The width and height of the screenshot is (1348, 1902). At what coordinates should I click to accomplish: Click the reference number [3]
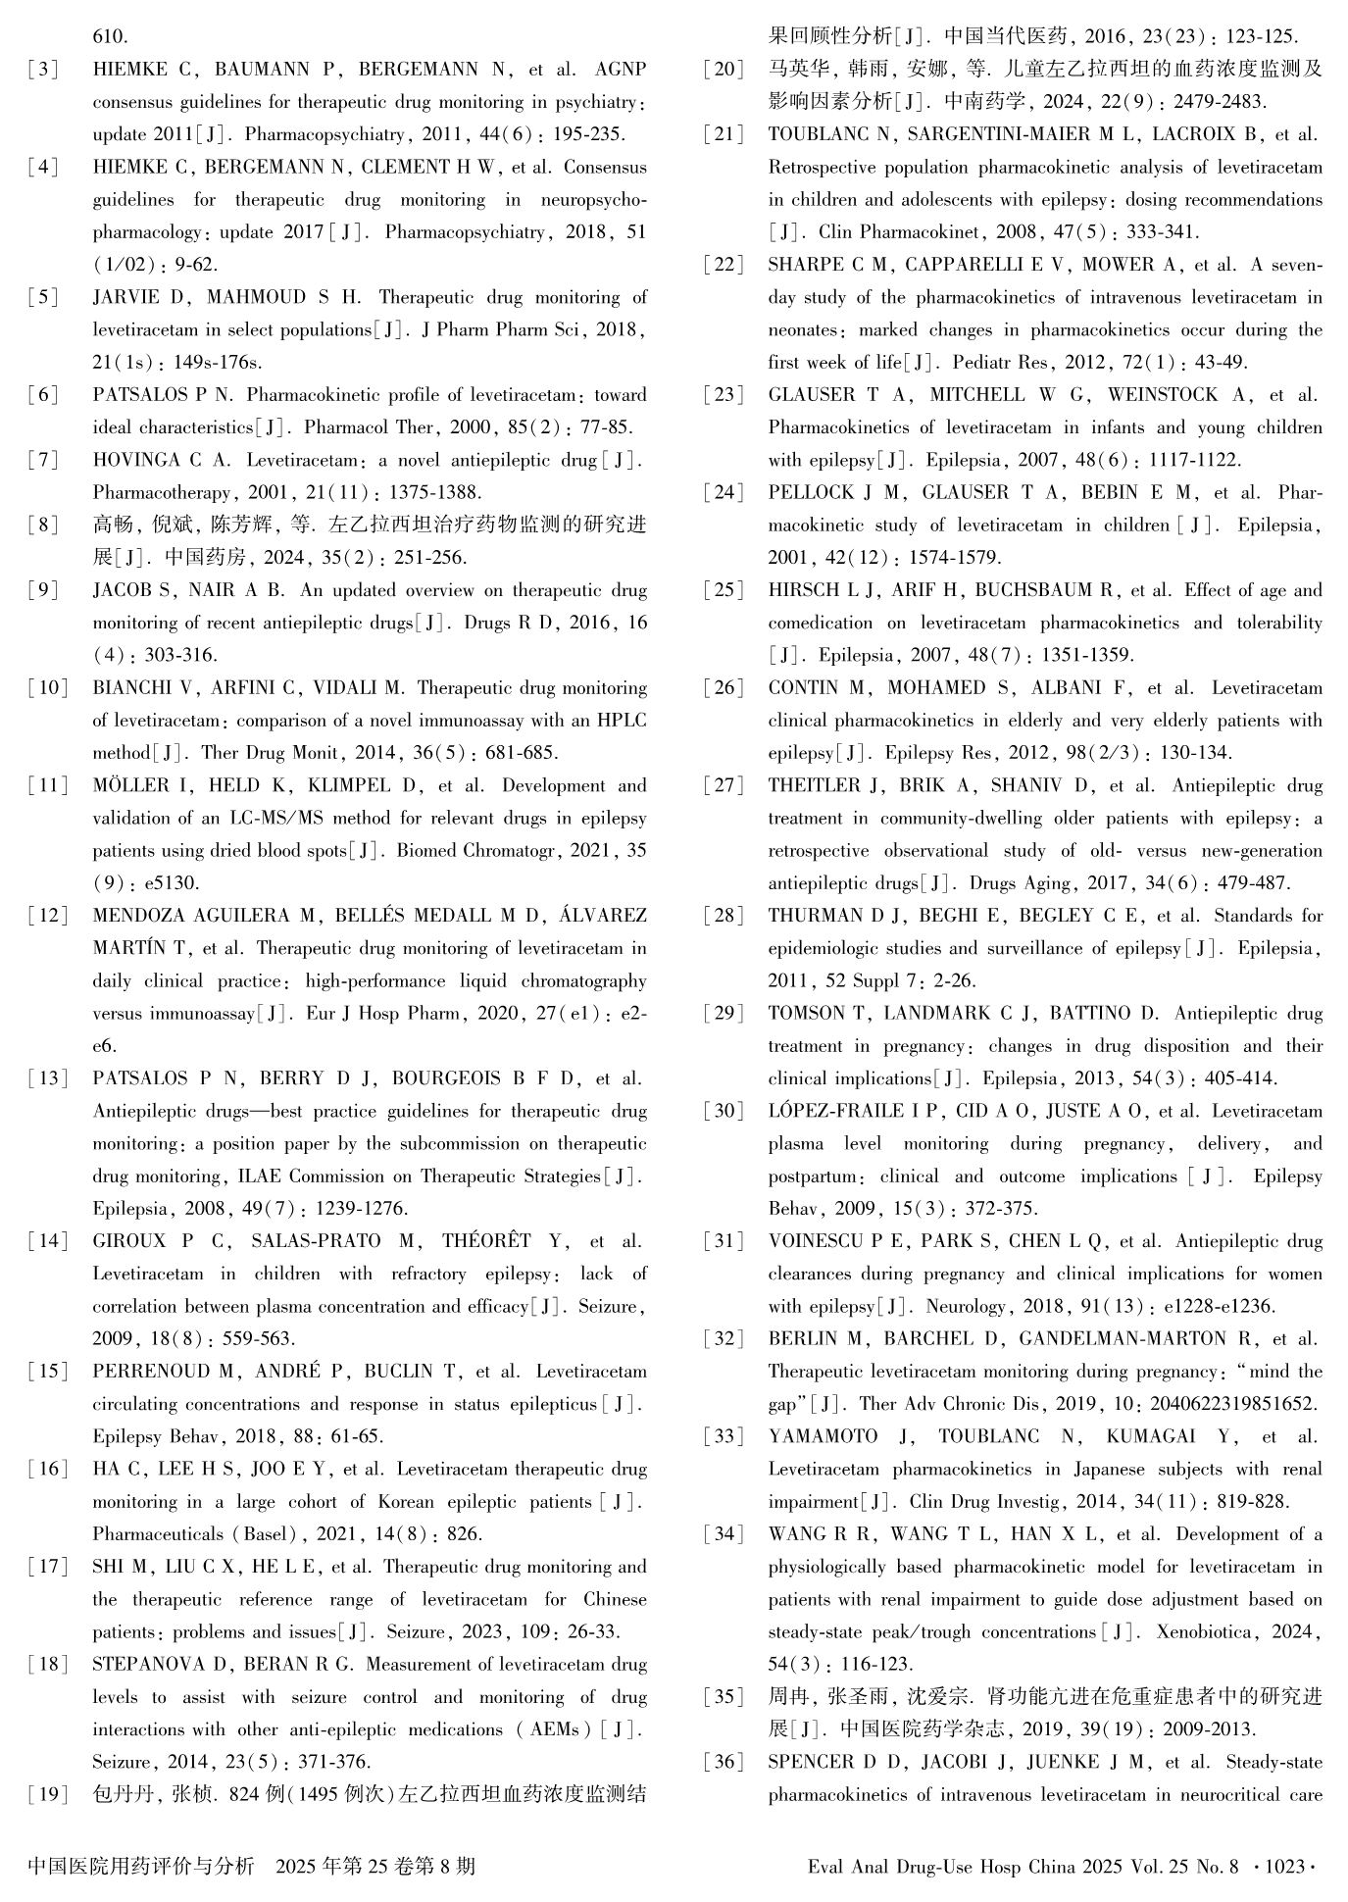43,70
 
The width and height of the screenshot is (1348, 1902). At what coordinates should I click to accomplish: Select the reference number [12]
47,916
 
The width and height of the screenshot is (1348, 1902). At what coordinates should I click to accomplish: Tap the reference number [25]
724,590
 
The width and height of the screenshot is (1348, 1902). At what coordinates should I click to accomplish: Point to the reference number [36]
724,1762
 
